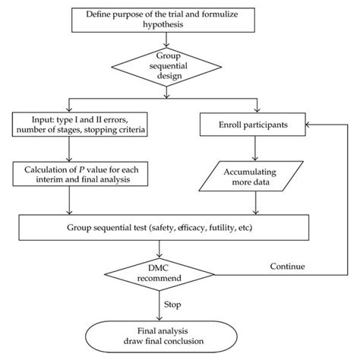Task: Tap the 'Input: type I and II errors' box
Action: [x=69, y=123]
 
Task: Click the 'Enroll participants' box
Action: [x=251, y=123]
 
